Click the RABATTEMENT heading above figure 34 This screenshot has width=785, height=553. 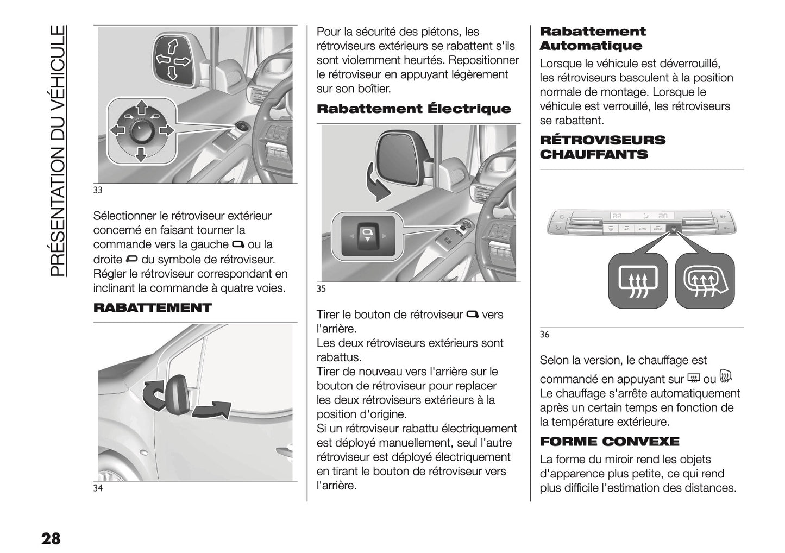tap(152, 308)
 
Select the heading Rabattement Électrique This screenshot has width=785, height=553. tap(413, 109)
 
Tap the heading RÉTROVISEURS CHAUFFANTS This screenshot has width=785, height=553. tap(602, 147)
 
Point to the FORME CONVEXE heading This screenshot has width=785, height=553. tap(609, 441)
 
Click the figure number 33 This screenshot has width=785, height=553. tap(98, 191)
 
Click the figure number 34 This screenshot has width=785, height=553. tap(98, 488)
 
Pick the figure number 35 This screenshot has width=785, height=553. tap(321, 289)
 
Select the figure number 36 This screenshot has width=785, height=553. tap(544, 335)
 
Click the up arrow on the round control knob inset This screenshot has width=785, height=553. tap(141, 106)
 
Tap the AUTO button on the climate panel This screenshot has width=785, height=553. tap(642, 230)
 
